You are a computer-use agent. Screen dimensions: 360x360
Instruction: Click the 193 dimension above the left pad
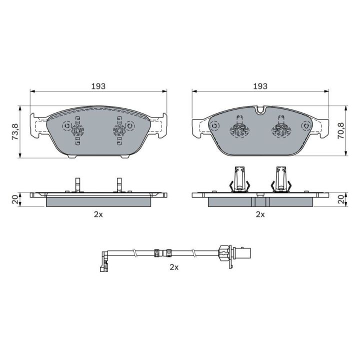98,86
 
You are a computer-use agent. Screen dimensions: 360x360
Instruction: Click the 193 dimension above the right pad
260,86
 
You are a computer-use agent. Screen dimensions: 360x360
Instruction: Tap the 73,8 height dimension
15,132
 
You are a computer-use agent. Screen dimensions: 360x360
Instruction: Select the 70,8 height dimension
340,130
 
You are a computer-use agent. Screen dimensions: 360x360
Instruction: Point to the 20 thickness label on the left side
15,199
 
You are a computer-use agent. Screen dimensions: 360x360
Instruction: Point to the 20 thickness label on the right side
341,199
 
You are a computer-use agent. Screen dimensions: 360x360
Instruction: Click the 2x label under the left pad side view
98,214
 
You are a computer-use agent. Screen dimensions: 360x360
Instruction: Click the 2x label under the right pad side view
260,214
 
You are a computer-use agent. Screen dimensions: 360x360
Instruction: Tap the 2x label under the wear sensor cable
174,267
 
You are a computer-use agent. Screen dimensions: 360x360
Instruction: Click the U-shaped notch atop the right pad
260,110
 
